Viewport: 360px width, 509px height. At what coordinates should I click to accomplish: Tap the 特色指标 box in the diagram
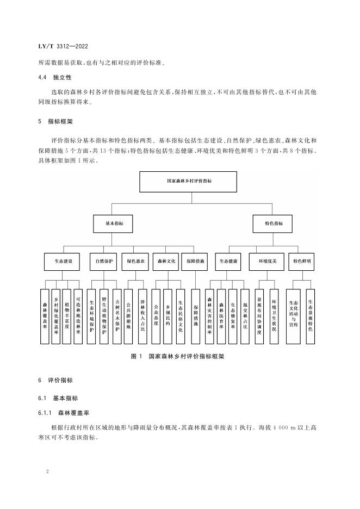tap(274, 223)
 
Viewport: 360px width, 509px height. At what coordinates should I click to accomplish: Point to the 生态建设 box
tap(63, 262)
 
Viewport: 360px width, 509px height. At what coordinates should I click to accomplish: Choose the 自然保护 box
tap(103, 262)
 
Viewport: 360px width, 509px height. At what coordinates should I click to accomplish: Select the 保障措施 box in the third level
tap(195, 262)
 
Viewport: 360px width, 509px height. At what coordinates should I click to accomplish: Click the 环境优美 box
tap(267, 262)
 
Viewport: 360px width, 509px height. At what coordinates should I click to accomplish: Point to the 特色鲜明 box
tap(302, 262)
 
